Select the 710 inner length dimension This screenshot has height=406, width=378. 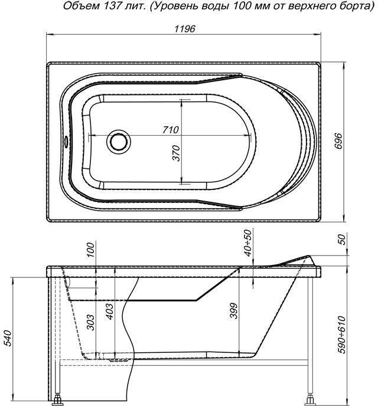click(x=172, y=129)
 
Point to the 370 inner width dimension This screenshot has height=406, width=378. click(x=175, y=155)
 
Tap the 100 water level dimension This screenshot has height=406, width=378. click(x=90, y=250)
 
